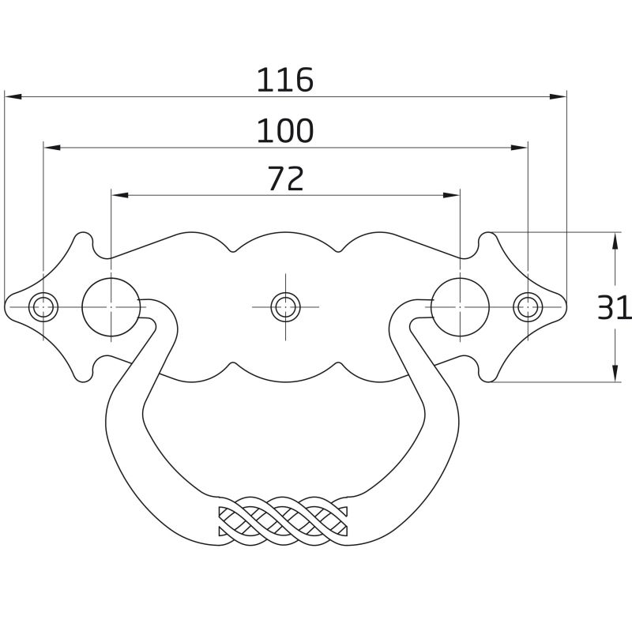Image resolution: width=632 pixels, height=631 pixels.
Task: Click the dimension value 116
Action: pyautogui.click(x=285, y=80)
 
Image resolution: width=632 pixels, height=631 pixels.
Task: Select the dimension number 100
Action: pyautogui.click(x=285, y=130)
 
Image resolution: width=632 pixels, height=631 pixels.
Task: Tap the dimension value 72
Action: pyautogui.click(x=285, y=179)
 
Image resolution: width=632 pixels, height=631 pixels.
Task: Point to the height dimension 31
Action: pyautogui.click(x=614, y=308)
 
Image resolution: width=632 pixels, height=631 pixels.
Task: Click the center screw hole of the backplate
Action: pyautogui.click(x=285, y=307)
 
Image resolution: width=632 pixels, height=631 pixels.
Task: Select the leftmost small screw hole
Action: pyautogui.click(x=43, y=307)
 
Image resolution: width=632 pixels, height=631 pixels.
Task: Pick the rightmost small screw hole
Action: pyautogui.click(x=528, y=307)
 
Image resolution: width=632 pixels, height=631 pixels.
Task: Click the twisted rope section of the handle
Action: pyautogui.click(x=283, y=522)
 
